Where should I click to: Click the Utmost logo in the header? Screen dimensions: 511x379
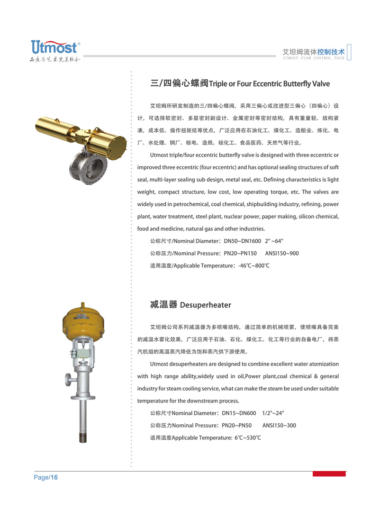54,47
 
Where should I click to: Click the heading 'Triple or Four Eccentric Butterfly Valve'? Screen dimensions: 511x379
269,84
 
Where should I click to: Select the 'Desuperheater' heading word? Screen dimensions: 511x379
206,305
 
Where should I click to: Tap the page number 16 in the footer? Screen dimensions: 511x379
54,477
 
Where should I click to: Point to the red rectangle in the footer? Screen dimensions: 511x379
329,474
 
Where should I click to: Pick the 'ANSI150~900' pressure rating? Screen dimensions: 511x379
282,253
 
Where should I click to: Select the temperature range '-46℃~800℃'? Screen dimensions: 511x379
254,265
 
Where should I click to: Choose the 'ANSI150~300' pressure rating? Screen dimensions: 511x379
279,425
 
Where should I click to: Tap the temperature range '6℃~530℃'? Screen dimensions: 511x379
248,438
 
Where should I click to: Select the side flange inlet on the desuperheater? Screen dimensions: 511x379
69,379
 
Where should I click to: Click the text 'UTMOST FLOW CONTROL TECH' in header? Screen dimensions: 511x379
313,58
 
